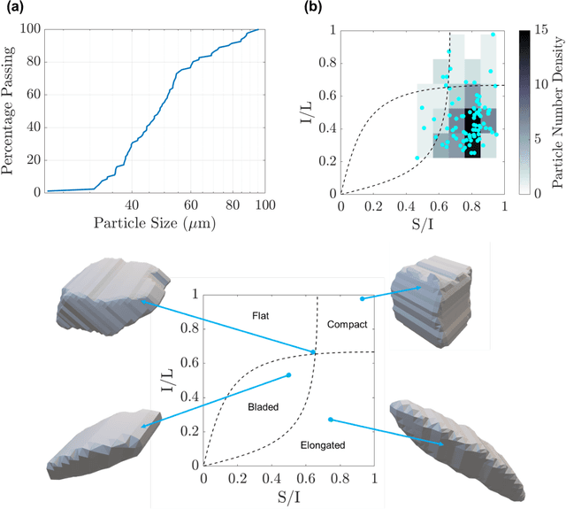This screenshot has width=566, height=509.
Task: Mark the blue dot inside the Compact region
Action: tap(363, 299)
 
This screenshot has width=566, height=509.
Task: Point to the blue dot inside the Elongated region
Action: tap(331, 420)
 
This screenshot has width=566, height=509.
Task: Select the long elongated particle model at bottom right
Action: tap(457, 444)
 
